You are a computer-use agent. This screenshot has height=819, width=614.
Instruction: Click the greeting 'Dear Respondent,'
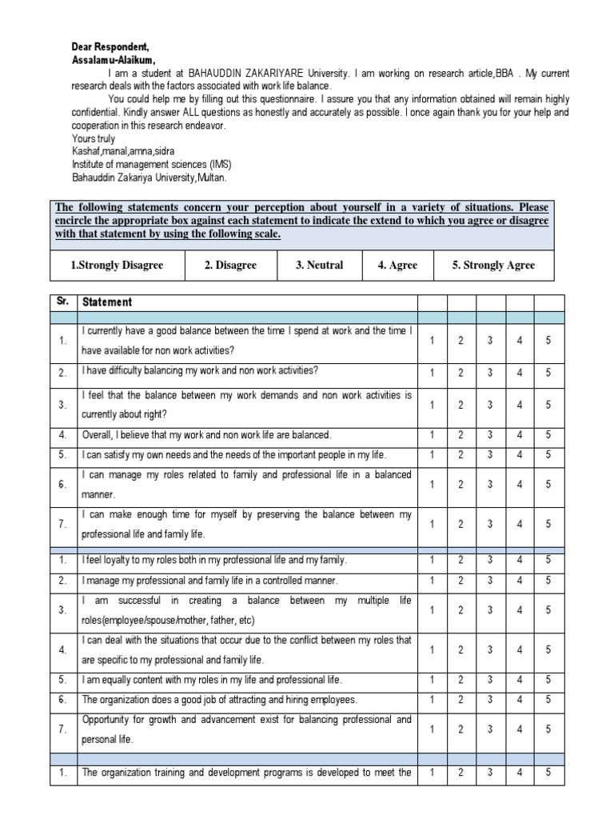(x=101, y=47)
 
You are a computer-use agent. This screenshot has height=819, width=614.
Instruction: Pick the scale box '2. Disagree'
(x=230, y=266)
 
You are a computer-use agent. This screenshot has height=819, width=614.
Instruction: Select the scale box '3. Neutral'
(x=319, y=266)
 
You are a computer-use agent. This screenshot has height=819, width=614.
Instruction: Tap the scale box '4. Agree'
(x=397, y=266)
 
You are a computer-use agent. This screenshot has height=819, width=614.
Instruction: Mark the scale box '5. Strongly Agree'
(x=493, y=266)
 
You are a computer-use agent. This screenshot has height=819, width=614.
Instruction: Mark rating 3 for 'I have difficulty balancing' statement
(x=489, y=372)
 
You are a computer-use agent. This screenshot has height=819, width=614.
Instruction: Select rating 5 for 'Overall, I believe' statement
(x=548, y=434)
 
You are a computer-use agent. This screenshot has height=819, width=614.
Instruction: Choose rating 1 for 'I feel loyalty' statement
(x=432, y=560)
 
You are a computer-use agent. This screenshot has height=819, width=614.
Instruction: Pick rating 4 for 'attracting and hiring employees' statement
(x=520, y=700)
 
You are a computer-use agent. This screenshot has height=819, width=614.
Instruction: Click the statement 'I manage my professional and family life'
(x=199, y=580)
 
